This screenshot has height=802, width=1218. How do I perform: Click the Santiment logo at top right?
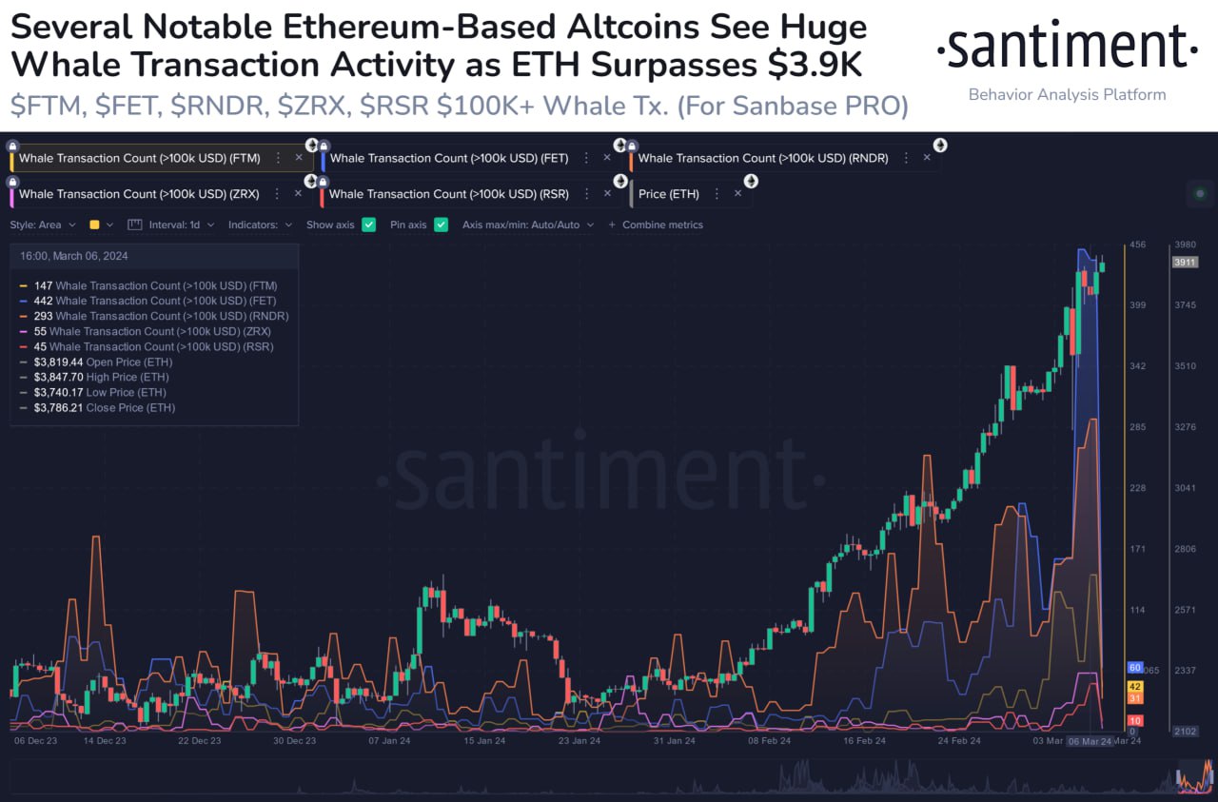pos(1067,47)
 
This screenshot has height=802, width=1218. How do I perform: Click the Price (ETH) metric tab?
pos(668,194)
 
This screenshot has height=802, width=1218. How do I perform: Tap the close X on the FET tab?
pos(608,158)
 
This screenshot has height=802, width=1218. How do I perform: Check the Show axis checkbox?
pos(369,225)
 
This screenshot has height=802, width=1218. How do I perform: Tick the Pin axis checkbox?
pos(441,225)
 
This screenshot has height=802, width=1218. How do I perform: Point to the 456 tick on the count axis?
pos(1137,245)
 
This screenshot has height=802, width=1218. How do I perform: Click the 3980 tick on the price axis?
pos(1185,245)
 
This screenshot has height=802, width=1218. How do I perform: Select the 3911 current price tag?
pos(1185,262)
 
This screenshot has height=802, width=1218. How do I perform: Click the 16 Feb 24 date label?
pos(864,740)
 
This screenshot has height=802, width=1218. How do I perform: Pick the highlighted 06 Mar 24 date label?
pos(1090,741)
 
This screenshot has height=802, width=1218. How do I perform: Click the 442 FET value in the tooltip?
pos(43,301)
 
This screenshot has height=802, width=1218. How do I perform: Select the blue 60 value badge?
pos(1134,668)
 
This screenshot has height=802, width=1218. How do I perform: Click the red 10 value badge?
pos(1134,721)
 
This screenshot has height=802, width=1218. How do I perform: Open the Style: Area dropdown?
pos(43,225)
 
